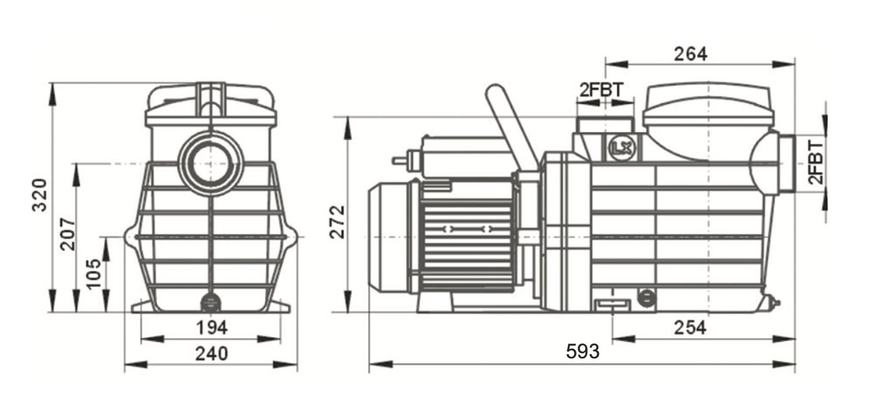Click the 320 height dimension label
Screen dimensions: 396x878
tap(40, 195)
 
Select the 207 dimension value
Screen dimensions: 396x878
tap(68, 234)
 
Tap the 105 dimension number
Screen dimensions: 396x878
tap(94, 273)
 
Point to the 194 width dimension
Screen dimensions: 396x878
tap(211, 327)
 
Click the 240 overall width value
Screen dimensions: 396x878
tap(211, 353)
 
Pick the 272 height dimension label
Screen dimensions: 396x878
tap(337, 222)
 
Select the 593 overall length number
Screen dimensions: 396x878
tap(583, 351)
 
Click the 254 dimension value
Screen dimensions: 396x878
tap(690, 328)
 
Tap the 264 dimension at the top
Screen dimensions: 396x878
tap(690, 54)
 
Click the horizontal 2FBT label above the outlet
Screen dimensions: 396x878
tap(601, 90)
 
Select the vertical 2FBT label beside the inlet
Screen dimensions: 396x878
tap(815, 162)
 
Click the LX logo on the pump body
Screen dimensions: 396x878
tap(622, 148)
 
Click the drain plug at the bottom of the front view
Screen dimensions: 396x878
tap(210, 304)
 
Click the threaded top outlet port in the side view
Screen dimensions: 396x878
tap(604, 125)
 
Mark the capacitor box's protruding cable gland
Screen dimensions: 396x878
tap(403, 159)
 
